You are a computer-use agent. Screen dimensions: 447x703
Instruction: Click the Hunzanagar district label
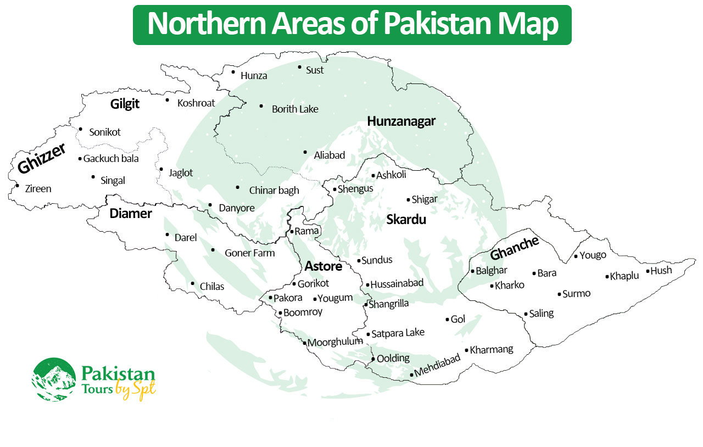(x=401, y=121)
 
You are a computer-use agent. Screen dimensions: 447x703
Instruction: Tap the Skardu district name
(x=406, y=220)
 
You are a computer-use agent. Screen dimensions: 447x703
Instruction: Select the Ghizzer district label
(x=41, y=158)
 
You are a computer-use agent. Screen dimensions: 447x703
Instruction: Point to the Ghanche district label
(x=514, y=248)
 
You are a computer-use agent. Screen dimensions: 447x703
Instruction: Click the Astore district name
(x=323, y=266)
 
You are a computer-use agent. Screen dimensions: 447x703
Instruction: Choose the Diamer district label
(x=131, y=214)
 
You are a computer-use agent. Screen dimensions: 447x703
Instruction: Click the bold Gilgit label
(x=125, y=104)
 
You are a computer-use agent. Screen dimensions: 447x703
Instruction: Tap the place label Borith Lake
(x=295, y=109)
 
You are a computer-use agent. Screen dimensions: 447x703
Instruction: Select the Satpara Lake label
(x=398, y=333)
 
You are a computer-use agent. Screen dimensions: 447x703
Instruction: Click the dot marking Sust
(x=300, y=67)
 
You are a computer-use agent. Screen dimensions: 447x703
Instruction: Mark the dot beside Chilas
(x=192, y=283)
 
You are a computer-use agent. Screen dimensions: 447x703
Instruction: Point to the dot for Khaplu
(x=607, y=277)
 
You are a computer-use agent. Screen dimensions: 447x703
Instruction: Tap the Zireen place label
(x=38, y=189)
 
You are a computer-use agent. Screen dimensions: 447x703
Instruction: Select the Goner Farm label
(x=249, y=253)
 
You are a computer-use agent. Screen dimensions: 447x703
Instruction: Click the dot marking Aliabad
(x=305, y=152)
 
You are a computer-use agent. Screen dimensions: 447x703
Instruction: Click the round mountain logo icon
(x=54, y=379)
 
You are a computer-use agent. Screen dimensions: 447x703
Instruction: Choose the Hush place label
(x=661, y=271)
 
